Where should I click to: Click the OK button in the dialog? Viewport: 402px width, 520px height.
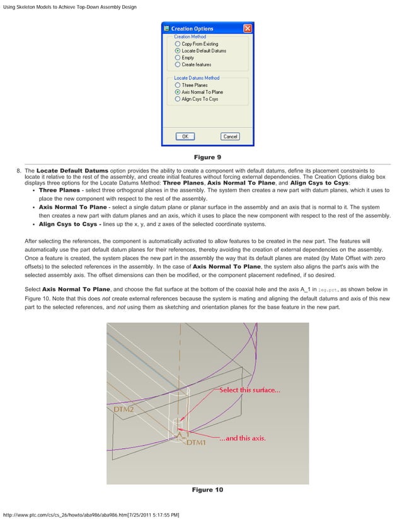pos(185,136)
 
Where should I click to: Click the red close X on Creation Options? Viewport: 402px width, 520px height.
pos(248,28)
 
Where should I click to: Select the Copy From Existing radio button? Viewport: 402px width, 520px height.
pos(178,44)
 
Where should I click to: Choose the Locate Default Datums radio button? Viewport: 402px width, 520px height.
pos(178,51)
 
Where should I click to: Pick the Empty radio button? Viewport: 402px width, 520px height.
pos(178,58)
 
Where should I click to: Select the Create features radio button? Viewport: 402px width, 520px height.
pos(178,65)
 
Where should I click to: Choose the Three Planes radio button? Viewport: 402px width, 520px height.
pos(178,85)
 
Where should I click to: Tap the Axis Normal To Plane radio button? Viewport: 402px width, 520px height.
pos(178,92)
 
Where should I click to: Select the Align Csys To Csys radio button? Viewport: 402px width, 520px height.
pos(178,99)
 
